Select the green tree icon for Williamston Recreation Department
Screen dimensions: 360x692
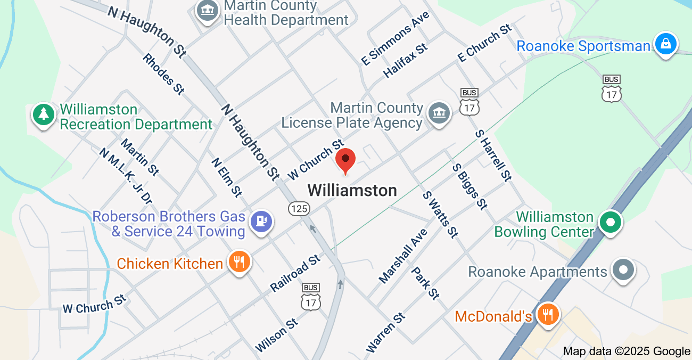click(x=43, y=114)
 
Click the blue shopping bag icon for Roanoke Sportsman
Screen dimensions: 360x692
click(x=665, y=44)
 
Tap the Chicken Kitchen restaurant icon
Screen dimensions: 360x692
click(x=239, y=261)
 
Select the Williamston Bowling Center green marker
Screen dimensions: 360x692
click(x=611, y=223)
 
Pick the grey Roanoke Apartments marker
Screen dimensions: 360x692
click(x=623, y=269)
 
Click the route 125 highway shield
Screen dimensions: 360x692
click(x=299, y=208)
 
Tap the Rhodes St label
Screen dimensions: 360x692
click(x=163, y=74)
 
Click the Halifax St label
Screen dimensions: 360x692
click(x=406, y=61)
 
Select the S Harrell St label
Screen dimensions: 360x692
click(x=493, y=155)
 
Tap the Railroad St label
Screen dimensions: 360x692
click(x=295, y=273)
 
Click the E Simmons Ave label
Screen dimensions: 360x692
click(x=395, y=39)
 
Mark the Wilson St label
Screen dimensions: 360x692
click(x=276, y=335)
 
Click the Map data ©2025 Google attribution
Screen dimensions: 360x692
click(x=627, y=351)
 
